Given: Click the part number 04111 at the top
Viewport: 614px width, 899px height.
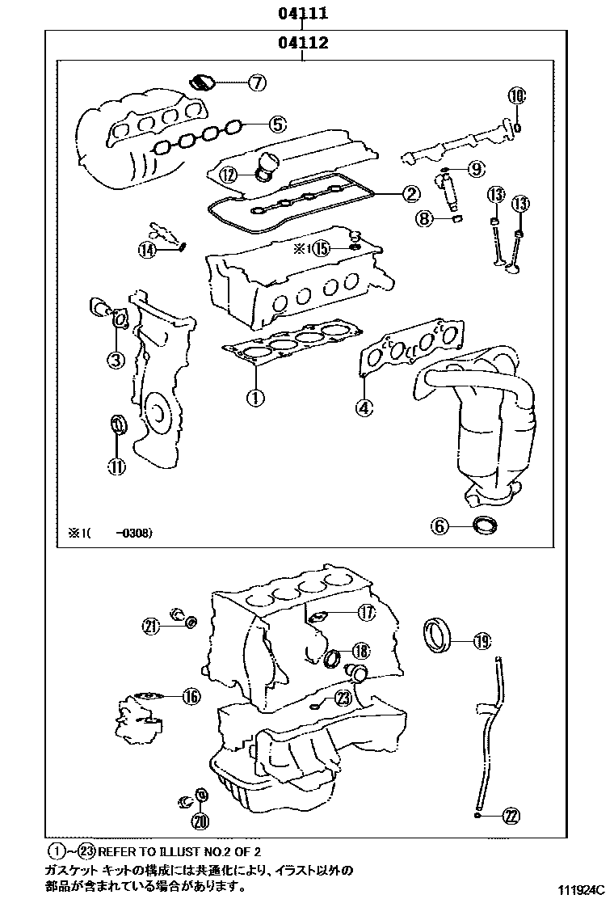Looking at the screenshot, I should point(303,13).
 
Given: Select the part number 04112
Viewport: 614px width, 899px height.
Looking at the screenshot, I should point(303,44).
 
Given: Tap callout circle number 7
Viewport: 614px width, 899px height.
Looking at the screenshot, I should point(256,82).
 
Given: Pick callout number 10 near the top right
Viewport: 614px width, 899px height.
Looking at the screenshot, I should point(517,95).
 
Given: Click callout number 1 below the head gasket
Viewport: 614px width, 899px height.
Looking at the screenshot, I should point(254,398).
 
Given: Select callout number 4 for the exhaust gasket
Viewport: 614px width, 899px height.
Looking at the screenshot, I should point(365,407).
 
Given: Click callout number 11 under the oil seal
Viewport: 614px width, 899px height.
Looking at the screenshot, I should point(118,465).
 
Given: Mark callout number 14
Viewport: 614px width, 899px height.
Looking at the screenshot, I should point(146,250).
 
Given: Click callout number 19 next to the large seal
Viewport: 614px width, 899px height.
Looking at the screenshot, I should point(482,642).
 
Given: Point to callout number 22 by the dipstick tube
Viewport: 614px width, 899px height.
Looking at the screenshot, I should point(510,816).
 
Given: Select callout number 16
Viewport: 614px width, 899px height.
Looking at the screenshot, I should point(191,696).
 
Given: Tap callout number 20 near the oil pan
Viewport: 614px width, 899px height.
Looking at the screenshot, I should point(200,821).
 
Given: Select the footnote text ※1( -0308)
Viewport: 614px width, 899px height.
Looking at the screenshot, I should point(109,533).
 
